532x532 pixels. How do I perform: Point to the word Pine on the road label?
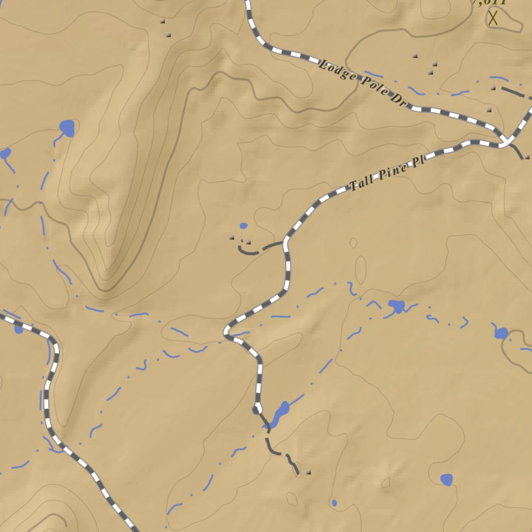[392, 172]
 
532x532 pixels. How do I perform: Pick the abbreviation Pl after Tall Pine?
[418, 163]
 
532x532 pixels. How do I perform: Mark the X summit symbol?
[493, 19]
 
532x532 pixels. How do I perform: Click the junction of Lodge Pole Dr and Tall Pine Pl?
[506, 141]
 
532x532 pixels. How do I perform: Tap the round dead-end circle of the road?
[257, 410]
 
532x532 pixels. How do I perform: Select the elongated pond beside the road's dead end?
[278, 415]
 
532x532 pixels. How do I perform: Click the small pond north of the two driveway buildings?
[243, 226]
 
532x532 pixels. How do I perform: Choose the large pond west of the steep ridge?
[67, 127]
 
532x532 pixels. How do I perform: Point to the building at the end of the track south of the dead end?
[308, 472]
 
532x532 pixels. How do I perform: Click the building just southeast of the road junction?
[527, 156]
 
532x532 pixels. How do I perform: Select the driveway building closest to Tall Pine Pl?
[248, 242]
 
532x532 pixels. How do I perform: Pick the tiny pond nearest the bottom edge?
[334, 503]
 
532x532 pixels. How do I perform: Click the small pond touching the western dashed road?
[19, 329]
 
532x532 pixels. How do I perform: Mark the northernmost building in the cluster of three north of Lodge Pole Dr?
[415, 56]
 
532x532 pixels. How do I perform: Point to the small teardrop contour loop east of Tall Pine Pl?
[354, 243]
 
